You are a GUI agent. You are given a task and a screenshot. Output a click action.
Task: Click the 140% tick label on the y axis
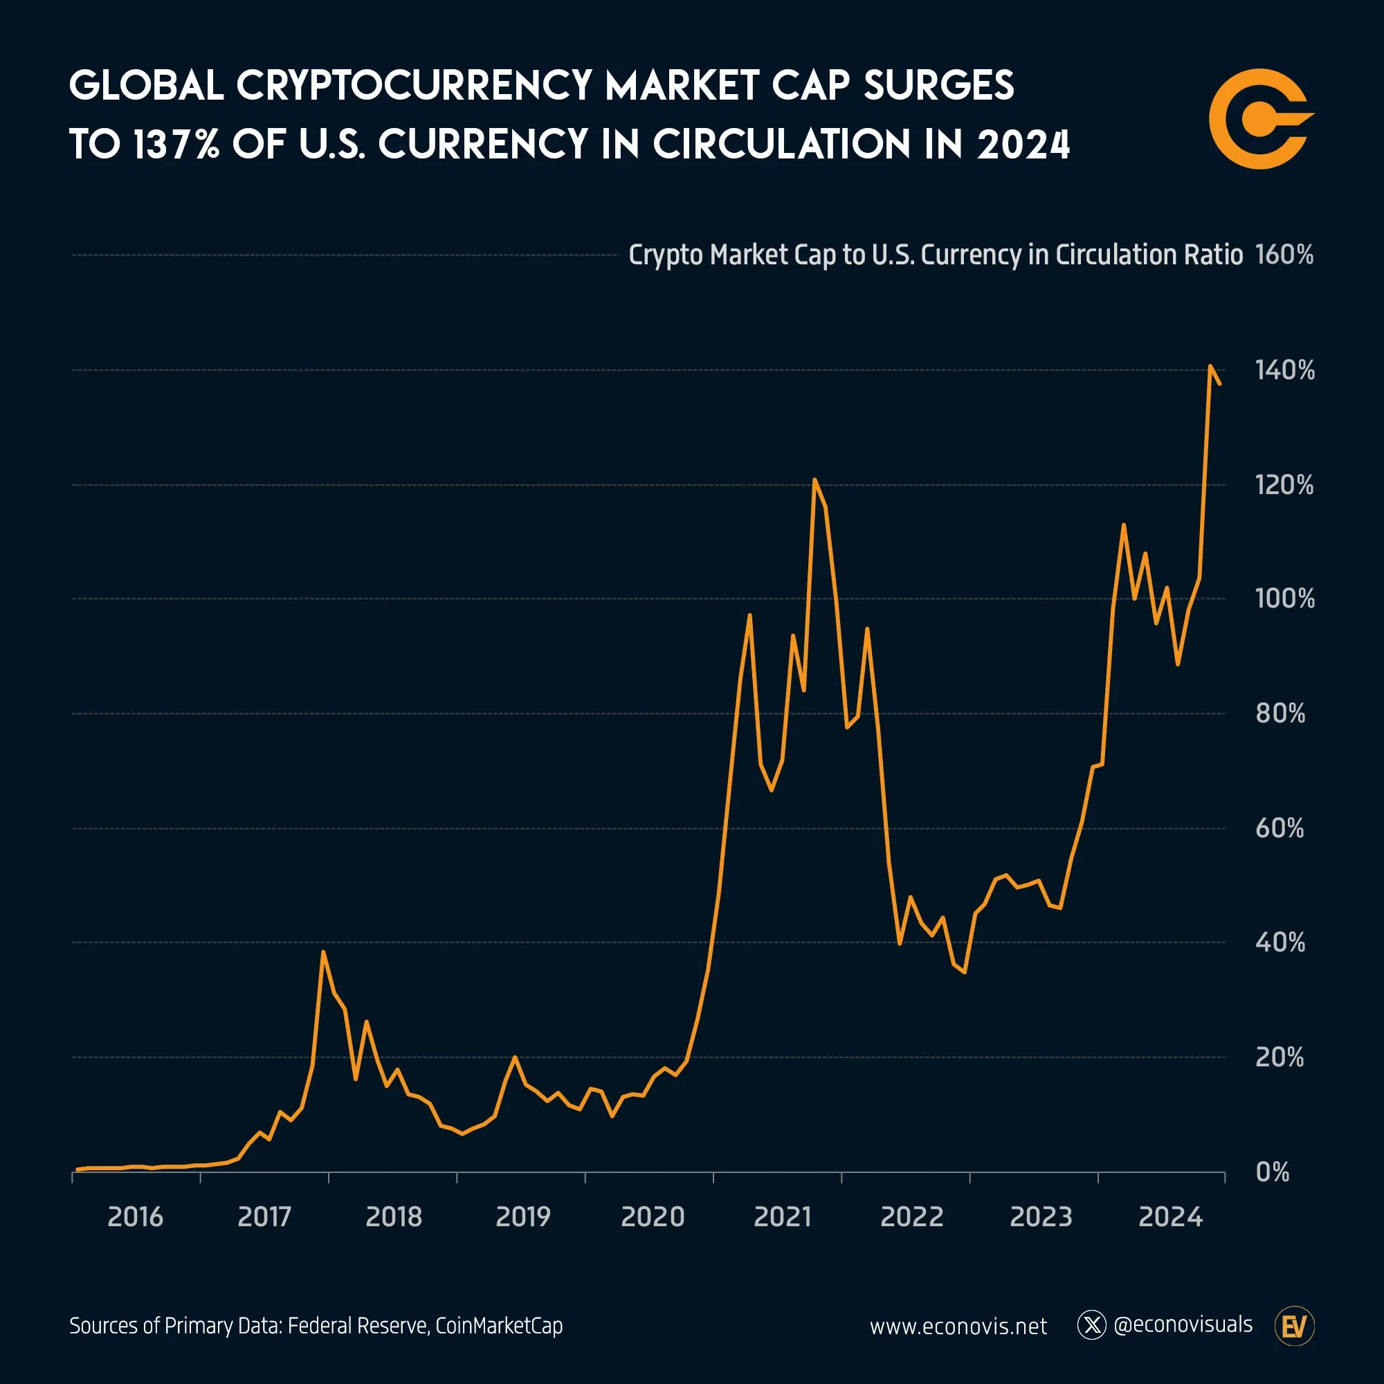point(1284,370)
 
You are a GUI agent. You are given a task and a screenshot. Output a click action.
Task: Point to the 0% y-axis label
point(1273,1172)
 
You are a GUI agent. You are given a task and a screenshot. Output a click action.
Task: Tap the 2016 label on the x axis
point(136,1217)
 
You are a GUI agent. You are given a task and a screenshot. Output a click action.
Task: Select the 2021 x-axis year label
point(782,1217)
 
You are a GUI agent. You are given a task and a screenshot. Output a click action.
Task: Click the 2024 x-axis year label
point(1171,1217)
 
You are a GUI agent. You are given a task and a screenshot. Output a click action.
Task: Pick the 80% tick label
point(1280,713)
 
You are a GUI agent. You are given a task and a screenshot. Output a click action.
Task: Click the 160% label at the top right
point(1284,255)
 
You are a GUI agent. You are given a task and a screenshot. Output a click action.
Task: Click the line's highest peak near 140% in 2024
point(1210,366)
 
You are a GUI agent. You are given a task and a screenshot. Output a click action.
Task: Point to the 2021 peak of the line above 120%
point(814,480)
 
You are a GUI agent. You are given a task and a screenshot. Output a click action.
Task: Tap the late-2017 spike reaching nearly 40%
point(323,952)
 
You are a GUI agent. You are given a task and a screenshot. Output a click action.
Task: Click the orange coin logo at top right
point(1260,119)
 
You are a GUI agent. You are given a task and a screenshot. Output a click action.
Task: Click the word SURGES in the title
point(938,86)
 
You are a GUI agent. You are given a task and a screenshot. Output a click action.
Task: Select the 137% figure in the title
point(176,145)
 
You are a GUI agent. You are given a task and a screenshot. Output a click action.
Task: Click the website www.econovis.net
point(958,1327)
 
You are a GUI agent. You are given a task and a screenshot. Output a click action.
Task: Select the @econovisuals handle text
point(1183,1324)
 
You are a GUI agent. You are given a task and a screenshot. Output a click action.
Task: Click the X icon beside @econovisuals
point(1092,1325)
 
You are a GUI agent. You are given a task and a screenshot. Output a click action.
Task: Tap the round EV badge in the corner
point(1295,1327)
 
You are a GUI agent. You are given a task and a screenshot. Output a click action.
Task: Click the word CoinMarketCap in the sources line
point(498,1326)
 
